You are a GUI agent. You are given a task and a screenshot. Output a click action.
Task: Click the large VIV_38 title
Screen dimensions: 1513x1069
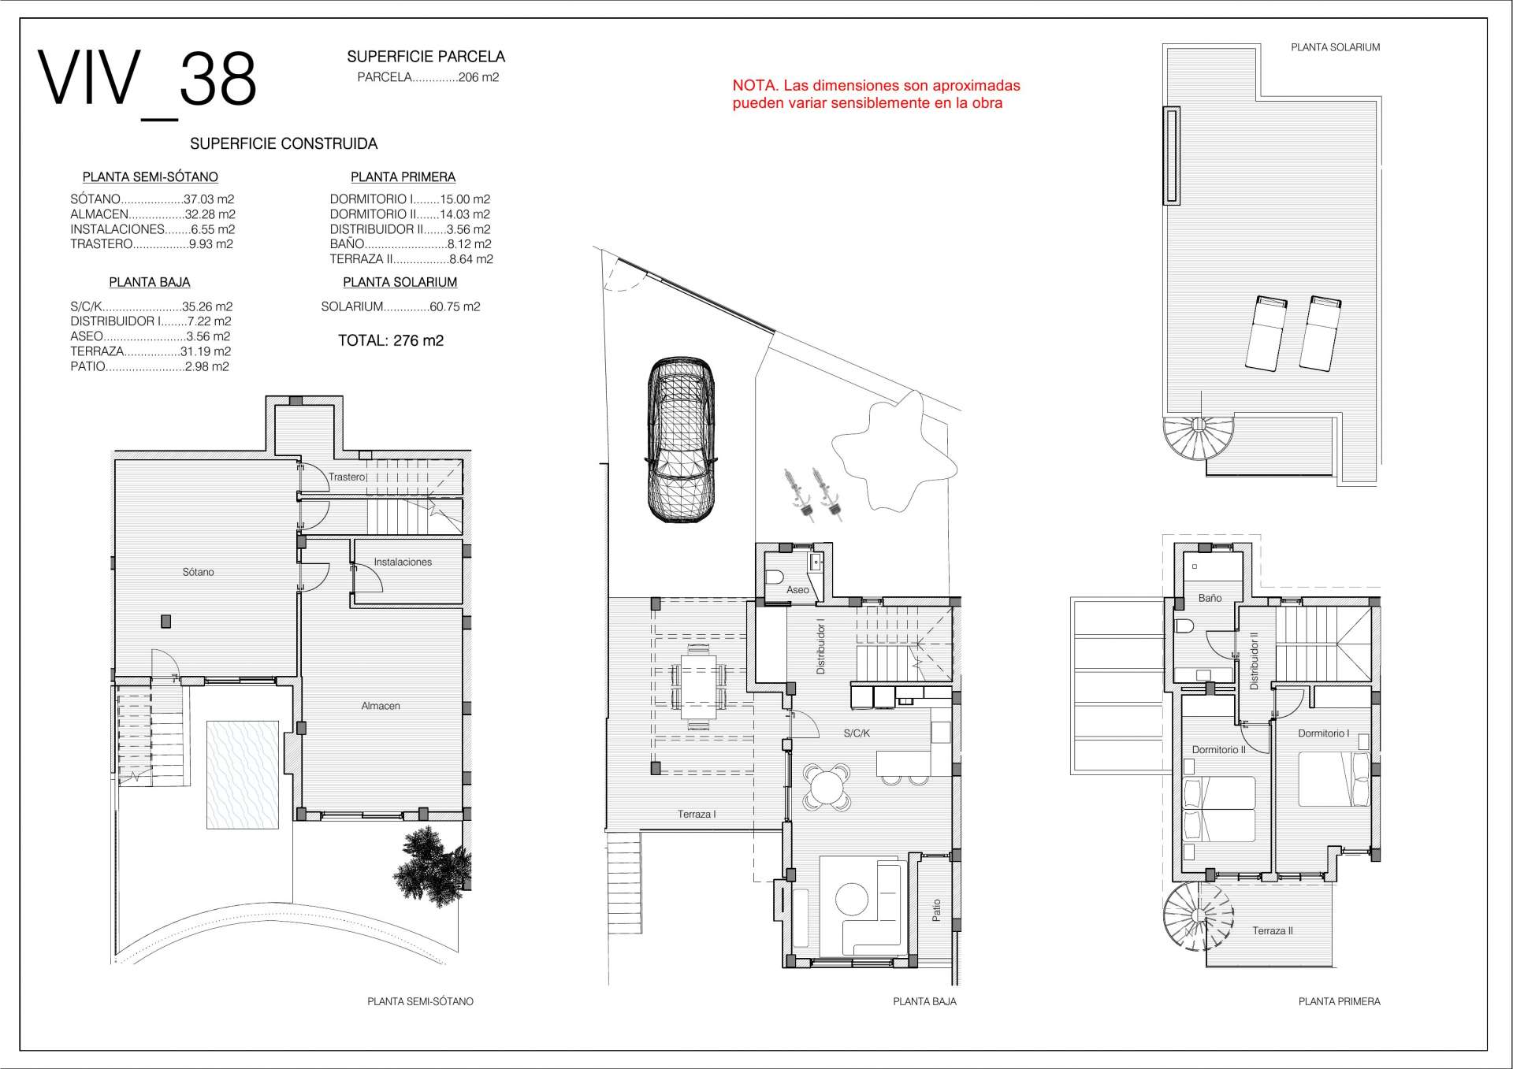point(147,81)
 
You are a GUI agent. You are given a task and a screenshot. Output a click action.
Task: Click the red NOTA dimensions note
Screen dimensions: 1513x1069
point(876,95)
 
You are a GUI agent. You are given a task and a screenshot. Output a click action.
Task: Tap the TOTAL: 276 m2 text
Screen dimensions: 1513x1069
point(391,340)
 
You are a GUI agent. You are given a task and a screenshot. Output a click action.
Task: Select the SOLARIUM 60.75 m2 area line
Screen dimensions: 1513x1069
point(400,306)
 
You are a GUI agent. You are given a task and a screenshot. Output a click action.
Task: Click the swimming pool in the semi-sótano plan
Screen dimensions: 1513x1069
point(243,774)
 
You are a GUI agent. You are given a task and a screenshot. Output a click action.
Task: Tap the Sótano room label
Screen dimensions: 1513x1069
point(198,572)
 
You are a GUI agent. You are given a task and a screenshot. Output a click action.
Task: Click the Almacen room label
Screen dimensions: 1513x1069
point(381,706)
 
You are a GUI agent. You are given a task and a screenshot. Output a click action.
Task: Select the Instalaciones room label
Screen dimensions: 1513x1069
point(403,562)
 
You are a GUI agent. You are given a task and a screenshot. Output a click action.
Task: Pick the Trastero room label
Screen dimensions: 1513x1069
point(347,477)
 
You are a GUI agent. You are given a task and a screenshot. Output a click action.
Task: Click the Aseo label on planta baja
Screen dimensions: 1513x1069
point(797,589)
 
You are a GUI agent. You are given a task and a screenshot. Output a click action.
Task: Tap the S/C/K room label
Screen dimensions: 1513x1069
point(857,733)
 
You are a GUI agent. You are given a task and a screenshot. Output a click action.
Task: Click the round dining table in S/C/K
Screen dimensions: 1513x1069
point(827,786)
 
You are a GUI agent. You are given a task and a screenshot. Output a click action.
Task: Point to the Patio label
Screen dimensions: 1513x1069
point(936,911)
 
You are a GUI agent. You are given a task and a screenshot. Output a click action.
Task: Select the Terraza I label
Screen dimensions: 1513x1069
point(697,814)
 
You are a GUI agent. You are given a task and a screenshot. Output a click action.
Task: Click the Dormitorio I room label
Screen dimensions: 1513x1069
point(1324,733)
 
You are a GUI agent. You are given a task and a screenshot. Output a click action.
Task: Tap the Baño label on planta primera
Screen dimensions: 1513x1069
point(1210,598)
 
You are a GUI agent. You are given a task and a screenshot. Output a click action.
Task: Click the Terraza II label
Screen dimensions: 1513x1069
point(1273,930)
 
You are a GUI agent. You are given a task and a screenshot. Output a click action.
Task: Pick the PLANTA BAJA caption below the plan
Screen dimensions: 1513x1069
point(924,1001)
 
